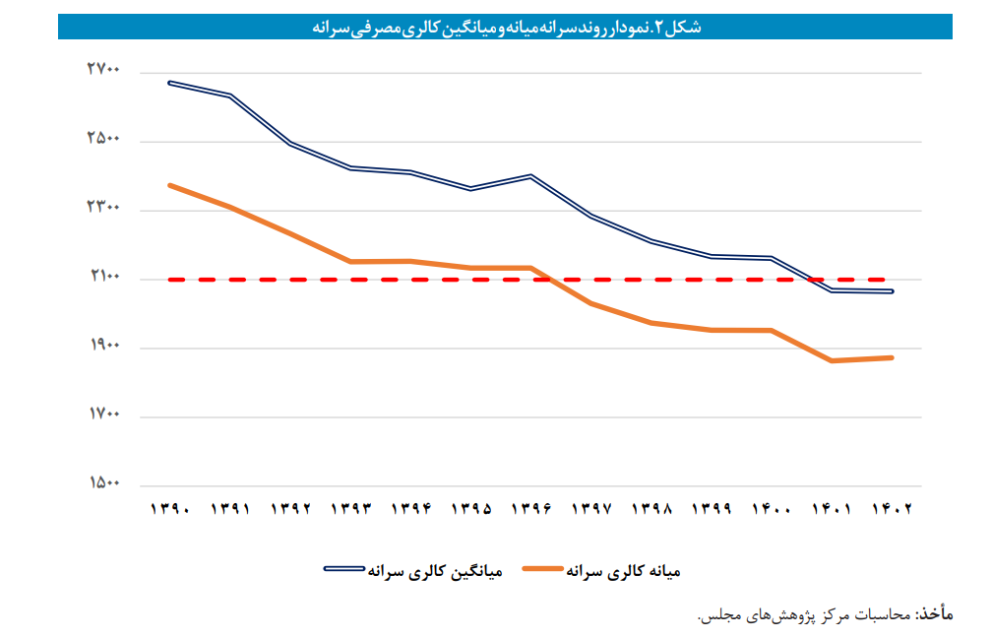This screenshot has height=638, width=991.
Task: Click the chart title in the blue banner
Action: click(x=506, y=27)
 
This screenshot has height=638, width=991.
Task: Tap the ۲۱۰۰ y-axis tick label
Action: click(x=103, y=277)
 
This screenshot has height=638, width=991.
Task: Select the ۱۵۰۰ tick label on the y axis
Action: click(x=103, y=483)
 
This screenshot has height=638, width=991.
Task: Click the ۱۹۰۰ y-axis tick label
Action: click(x=103, y=346)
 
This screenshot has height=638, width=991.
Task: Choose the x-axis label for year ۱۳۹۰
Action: click(x=169, y=510)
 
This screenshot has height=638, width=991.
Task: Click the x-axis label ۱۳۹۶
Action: click(x=531, y=510)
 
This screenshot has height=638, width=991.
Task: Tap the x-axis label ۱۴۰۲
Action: click(x=892, y=510)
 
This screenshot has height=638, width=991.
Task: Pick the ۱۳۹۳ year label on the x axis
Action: click(x=350, y=510)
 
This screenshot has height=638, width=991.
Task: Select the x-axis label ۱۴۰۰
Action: click(x=772, y=510)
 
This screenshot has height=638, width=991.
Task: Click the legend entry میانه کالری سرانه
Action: click(x=625, y=570)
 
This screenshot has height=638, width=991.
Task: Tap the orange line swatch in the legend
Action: click(x=545, y=570)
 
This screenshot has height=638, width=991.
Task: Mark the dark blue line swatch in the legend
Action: click(x=344, y=570)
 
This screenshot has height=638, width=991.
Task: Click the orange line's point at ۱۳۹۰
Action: click(x=170, y=185)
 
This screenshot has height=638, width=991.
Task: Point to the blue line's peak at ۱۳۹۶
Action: click(x=531, y=176)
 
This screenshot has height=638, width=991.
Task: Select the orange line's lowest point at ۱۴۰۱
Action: click(x=832, y=361)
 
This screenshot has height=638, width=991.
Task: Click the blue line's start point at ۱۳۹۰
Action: click(x=170, y=83)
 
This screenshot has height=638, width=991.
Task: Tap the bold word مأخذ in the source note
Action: click(x=935, y=614)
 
